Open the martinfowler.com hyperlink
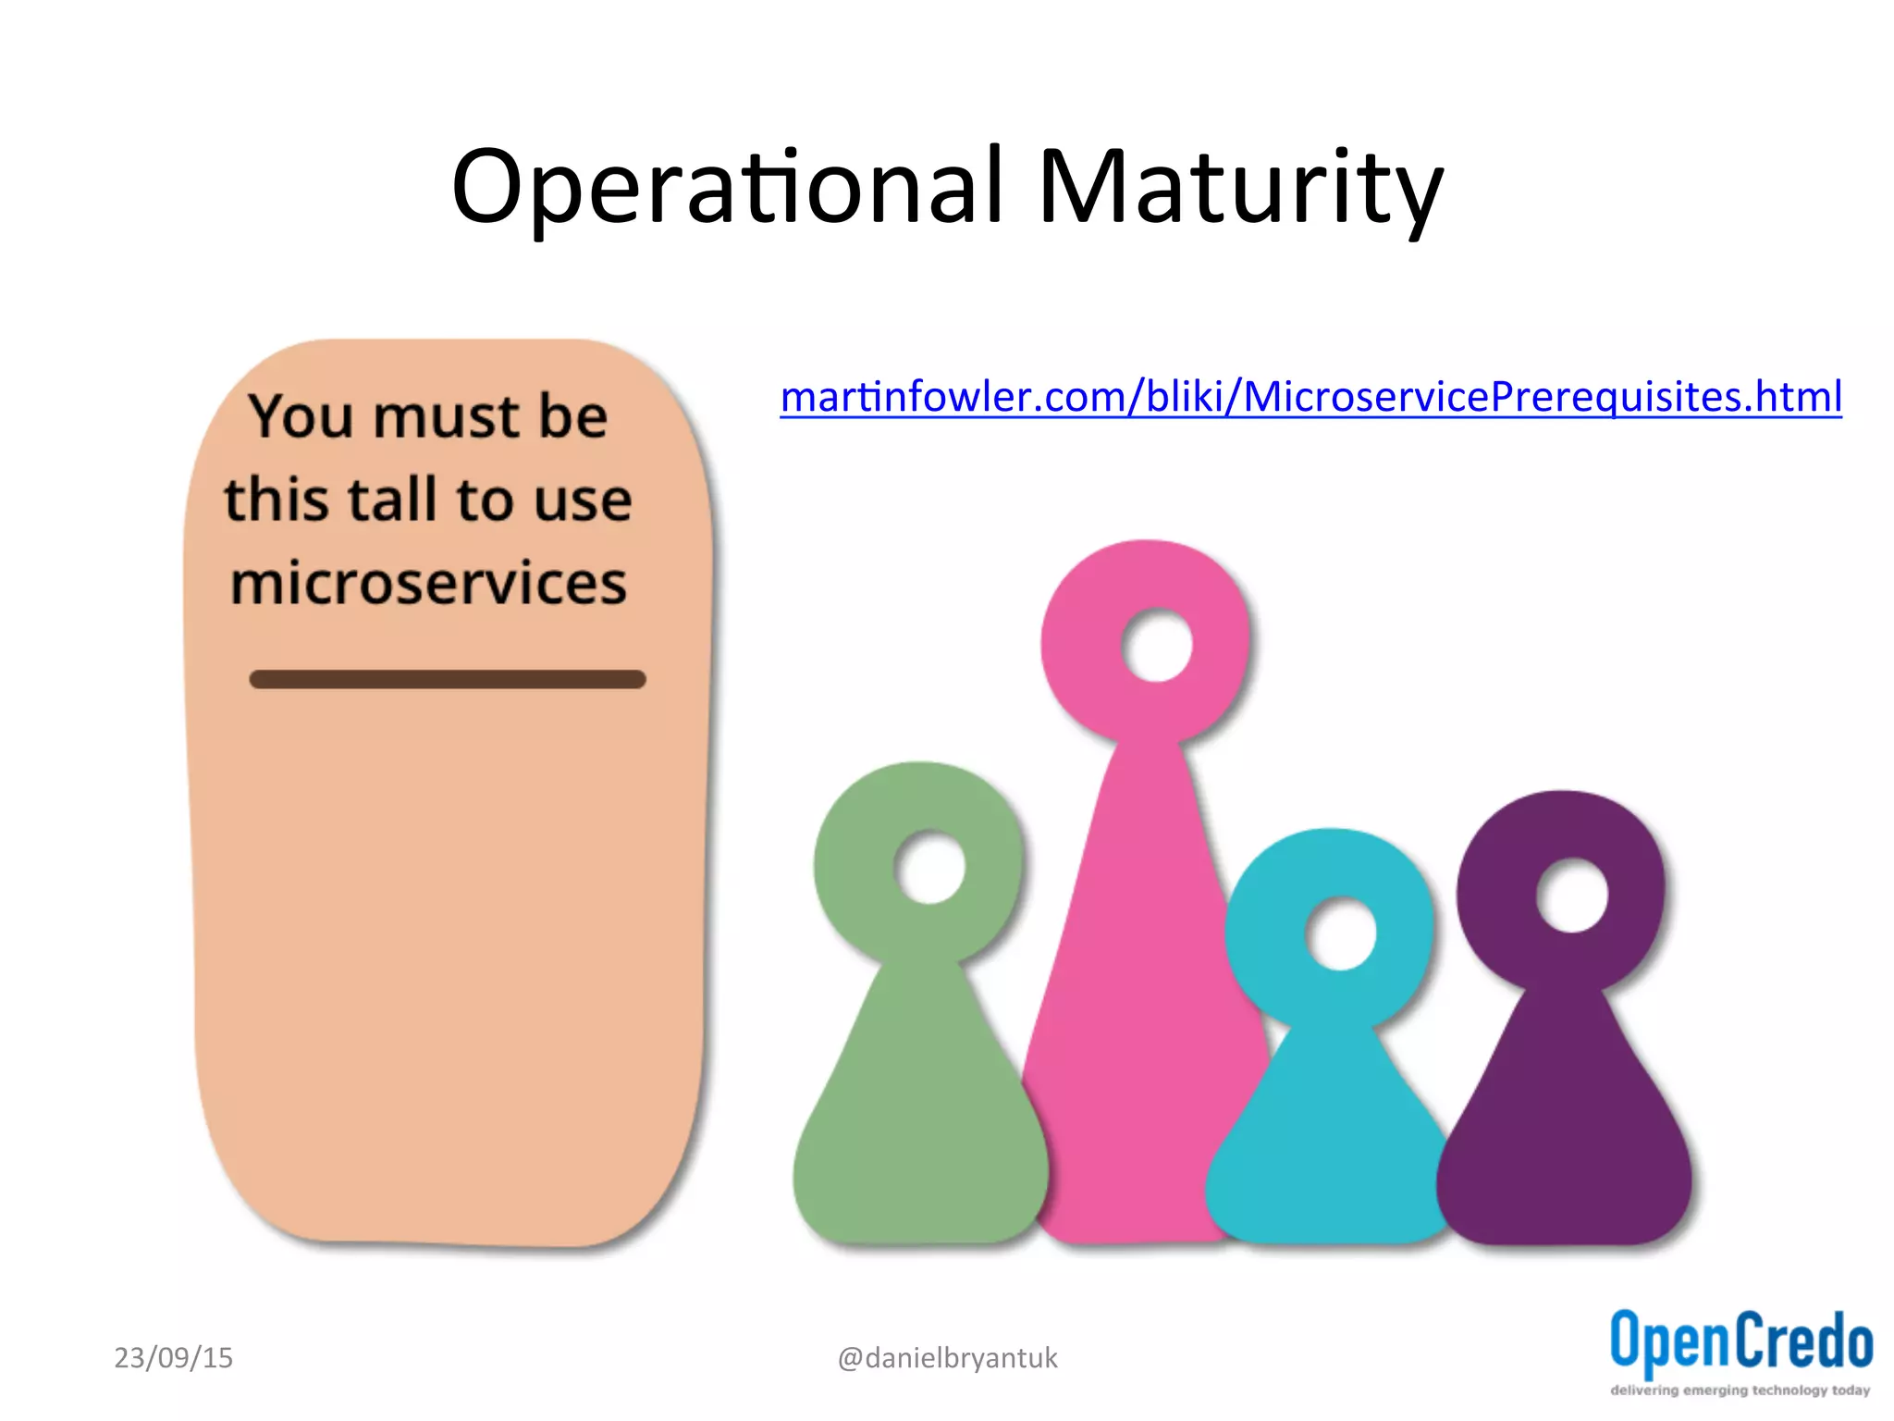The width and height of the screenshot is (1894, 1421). (1310, 397)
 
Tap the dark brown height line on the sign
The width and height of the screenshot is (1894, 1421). (448, 679)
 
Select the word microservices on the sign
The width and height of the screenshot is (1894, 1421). (428, 583)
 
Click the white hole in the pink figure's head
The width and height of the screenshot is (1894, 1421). (1156, 645)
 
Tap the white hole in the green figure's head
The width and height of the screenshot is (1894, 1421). (929, 868)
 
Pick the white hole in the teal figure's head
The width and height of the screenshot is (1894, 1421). (1340, 934)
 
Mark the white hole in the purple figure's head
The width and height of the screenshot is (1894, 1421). (1571, 896)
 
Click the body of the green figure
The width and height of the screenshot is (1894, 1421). (920, 1129)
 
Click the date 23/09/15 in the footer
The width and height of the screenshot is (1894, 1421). (173, 1357)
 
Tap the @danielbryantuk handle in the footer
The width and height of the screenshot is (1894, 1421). (947, 1357)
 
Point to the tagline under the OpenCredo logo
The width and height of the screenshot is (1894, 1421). (1740, 1390)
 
